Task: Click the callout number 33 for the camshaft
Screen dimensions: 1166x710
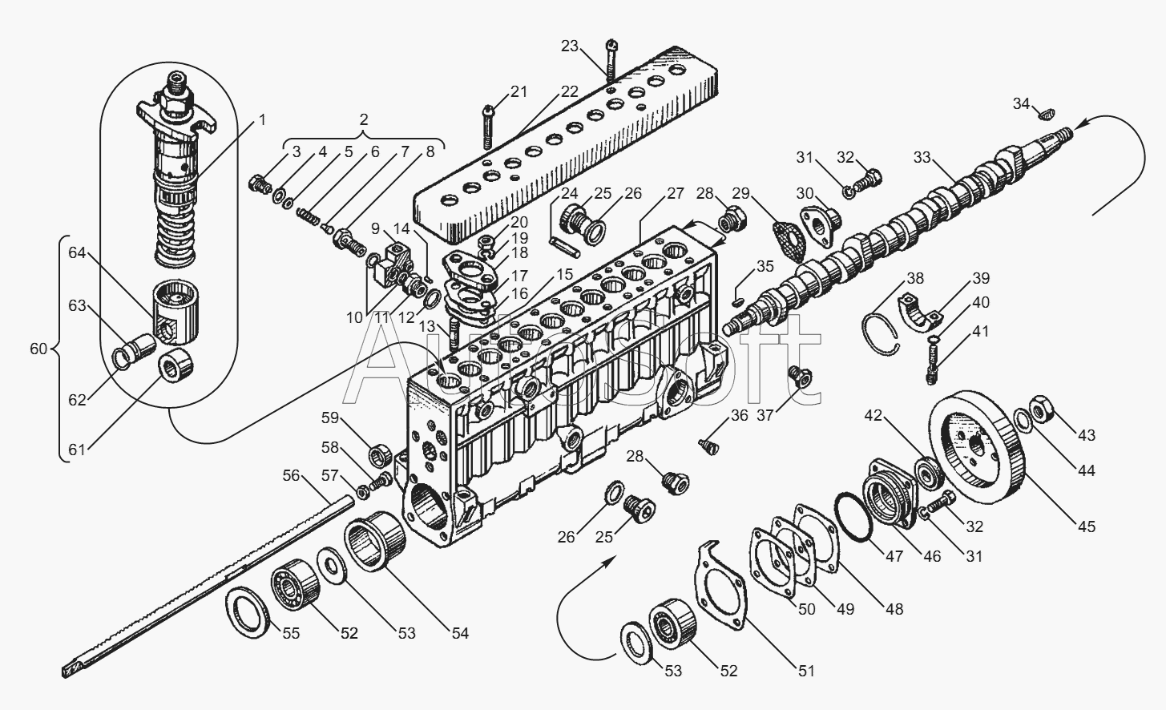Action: [x=922, y=157]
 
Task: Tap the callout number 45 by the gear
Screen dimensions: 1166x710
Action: [x=1087, y=526]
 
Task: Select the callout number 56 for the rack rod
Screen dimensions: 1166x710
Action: [x=292, y=475]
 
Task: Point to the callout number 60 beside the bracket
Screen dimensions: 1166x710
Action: [x=38, y=349]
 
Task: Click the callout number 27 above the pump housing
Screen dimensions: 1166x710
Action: [x=675, y=194]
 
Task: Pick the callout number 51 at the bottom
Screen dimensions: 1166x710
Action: [x=806, y=672]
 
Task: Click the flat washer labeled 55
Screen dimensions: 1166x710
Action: [x=248, y=612]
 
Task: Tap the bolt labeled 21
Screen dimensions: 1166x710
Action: [x=488, y=127]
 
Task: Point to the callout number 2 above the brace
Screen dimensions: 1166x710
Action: [x=364, y=120]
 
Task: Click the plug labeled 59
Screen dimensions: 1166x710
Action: [x=380, y=457]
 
